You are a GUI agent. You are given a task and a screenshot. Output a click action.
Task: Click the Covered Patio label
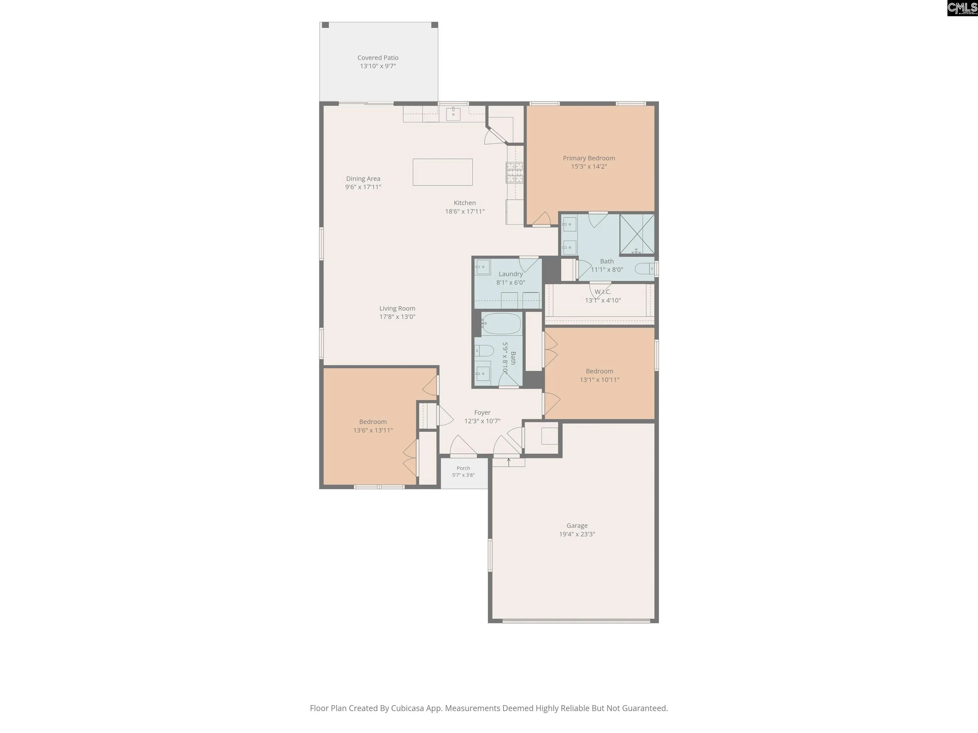(x=378, y=58)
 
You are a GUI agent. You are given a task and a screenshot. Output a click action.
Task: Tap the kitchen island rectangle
(x=443, y=172)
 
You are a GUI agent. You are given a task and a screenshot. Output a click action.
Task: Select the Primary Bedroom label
(x=589, y=158)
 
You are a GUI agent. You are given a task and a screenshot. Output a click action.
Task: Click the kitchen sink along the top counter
(x=453, y=114)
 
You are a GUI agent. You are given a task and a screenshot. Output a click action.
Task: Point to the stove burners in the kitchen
(x=515, y=172)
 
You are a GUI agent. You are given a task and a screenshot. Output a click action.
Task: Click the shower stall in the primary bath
(x=637, y=234)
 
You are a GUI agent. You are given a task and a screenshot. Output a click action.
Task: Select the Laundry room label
(x=511, y=274)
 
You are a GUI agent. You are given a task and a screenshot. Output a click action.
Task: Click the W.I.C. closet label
(x=603, y=292)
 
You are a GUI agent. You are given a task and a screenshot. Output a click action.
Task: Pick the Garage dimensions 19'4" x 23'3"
(x=577, y=534)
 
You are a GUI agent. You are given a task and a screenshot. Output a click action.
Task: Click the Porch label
(x=463, y=468)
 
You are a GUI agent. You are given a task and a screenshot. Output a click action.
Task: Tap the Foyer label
(x=482, y=413)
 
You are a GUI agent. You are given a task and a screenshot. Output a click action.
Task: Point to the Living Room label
(x=397, y=308)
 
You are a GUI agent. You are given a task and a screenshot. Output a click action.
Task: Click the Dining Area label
(x=363, y=178)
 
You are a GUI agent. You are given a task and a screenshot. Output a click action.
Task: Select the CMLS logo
(x=962, y=8)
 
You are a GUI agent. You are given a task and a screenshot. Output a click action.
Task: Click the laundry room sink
(x=483, y=267)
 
